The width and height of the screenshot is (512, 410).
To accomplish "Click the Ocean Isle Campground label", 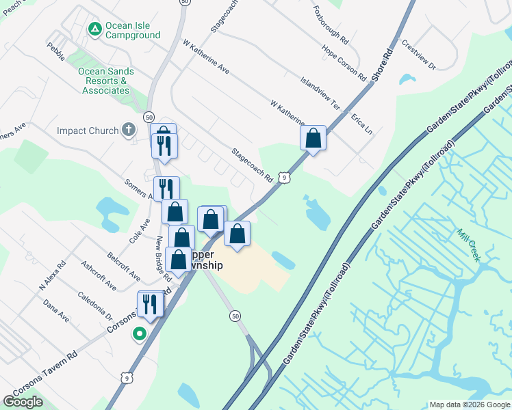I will (133, 31).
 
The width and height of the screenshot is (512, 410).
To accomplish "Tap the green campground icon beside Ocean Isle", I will (94, 28).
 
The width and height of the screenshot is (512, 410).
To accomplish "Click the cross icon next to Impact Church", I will (127, 130).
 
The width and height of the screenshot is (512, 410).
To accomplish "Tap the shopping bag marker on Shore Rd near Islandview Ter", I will (313, 139).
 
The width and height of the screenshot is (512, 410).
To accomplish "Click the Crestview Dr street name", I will (419, 55).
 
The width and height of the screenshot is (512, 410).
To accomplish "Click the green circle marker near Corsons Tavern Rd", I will (140, 334).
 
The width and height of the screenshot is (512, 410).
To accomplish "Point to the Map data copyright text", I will (470, 405).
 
